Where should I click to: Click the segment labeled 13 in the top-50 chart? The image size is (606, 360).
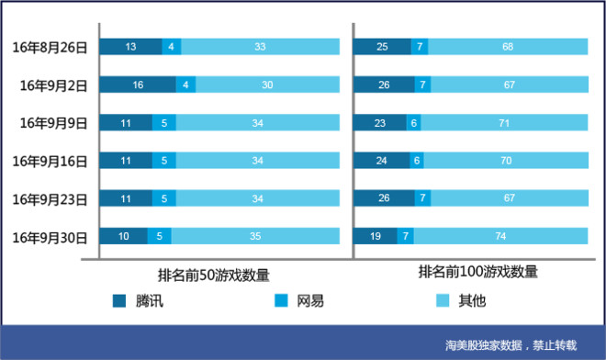pos(130,47)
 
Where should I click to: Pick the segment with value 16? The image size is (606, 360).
pos(138,84)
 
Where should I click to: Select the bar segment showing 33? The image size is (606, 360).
pos(261,47)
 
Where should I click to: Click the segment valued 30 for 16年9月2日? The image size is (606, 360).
pos(267,84)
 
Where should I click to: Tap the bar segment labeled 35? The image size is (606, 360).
pos(256,237)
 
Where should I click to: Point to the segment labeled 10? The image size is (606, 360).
pos(123,237)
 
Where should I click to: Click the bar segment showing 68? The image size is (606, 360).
pos(508,47)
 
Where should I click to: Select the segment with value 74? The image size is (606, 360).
pos(500,237)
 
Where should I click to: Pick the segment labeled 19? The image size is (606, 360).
pos(375,237)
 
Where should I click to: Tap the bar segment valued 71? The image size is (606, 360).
pos(504,123)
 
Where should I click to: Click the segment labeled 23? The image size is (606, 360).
pos(379,123)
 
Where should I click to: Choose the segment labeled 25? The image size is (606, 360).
pos(381,47)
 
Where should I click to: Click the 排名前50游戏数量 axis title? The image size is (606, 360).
pos(214,275)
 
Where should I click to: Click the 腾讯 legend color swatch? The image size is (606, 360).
pos(119,300)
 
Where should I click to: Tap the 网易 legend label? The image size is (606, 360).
pos(309,300)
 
